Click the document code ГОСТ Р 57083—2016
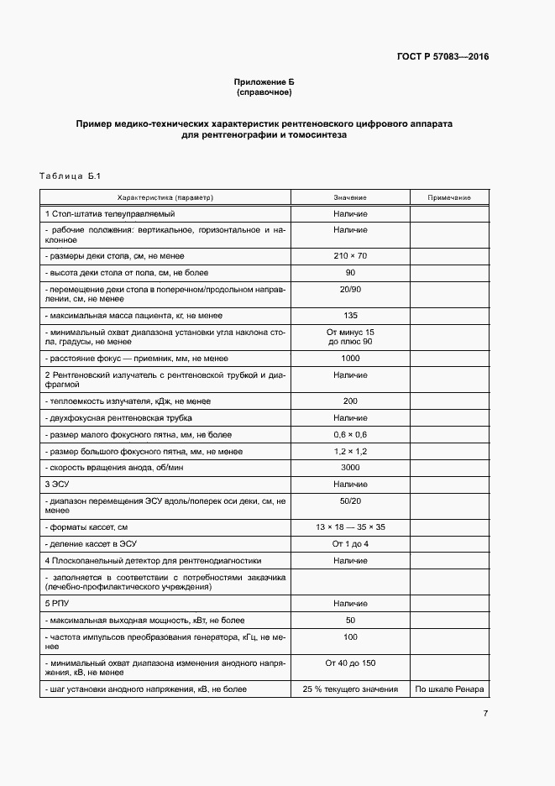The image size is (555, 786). tap(442, 57)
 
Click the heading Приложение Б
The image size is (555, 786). tap(264, 81)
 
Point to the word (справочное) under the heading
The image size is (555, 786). tap(264, 92)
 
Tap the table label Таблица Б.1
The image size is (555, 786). tap(70, 176)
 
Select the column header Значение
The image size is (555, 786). tap(350, 197)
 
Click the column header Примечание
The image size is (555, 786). tap(448, 197)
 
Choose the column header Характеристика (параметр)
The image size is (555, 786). tap(165, 197)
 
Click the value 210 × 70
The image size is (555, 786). tap(350, 255)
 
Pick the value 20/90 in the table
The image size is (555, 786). tap(350, 288)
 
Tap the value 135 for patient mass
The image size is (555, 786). tap(350, 316)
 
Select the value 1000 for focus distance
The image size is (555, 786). tap(350, 358)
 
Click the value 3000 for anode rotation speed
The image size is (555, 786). tap(350, 467)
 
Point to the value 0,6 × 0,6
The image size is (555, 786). tap(350, 434)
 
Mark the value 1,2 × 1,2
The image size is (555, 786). tap(350, 451)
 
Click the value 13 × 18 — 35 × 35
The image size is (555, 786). tap(350, 527)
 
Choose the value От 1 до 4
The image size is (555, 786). tap(350, 543)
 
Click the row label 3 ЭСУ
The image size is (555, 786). tap(56, 485)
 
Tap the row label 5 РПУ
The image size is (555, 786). tap(57, 603)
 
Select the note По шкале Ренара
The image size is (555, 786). tap(448, 689)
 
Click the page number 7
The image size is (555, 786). tap(485, 714)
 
